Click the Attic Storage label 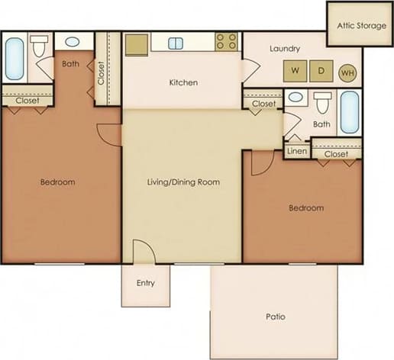pos(360,25)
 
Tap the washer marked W pos(295,72)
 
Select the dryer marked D pos(321,72)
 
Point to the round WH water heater pos(347,72)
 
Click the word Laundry pos(285,49)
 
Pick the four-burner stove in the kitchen pos(226,43)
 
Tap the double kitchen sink pos(176,43)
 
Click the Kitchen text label pos(184,82)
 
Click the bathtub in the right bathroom pos(349,112)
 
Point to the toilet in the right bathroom pos(324,102)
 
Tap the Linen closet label pos(296,151)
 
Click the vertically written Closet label pos(101,74)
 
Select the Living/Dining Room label pos(183,182)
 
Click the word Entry pos(145,283)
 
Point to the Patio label pos(276,316)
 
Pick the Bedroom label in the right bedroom pos(305,207)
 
